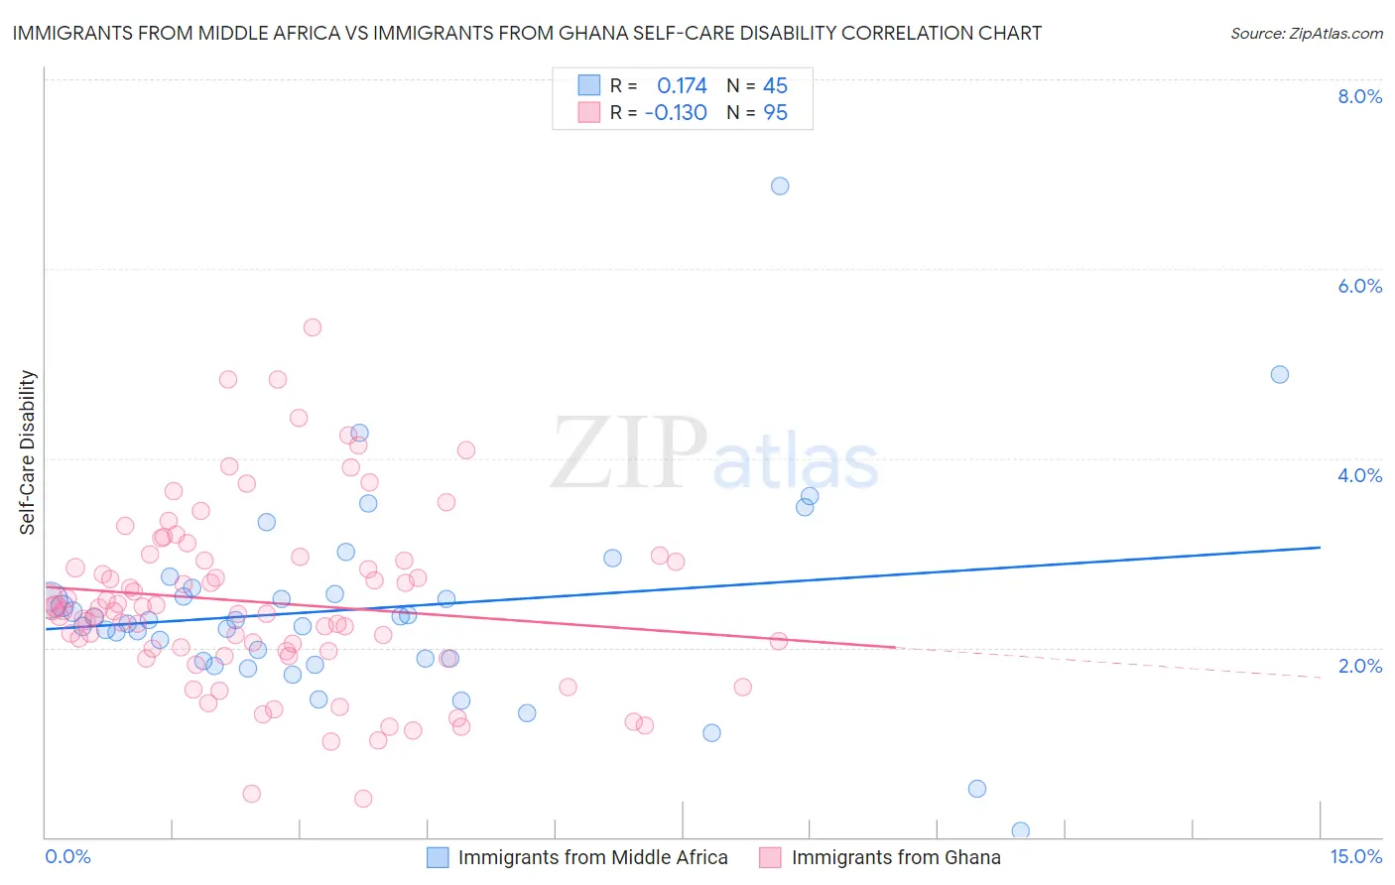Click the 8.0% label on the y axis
pos(1359,96)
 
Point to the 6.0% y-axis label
pos(1359,286)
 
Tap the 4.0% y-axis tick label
pos(1359,475)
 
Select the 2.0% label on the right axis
pos(1359,666)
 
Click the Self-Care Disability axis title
pos(27,452)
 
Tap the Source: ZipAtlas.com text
pos(1306,34)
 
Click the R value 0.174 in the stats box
pos(682,86)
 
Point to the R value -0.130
pos(676,113)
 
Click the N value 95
pos(775,113)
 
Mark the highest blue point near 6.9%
pos(780,187)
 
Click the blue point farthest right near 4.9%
pos(1280,375)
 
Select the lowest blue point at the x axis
pos(1020,831)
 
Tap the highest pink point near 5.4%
pos(313,327)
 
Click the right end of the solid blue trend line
pos(1321,548)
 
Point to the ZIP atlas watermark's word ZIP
pos(629,453)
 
